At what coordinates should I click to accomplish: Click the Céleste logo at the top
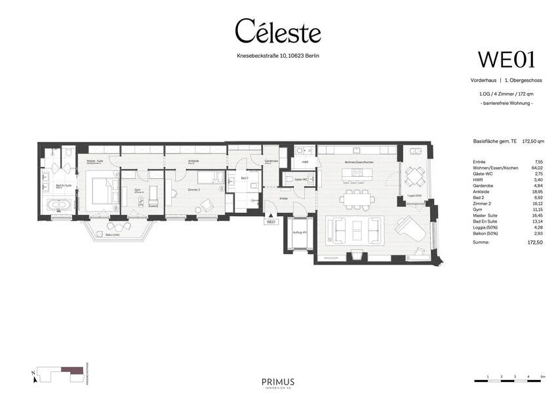click(278, 31)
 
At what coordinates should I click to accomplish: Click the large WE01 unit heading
click(506, 60)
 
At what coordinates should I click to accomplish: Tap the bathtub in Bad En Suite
click(60, 205)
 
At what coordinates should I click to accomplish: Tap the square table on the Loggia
click(414, 176)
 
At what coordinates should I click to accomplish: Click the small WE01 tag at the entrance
click(270, 222)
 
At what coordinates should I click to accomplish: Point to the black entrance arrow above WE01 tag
click(269, 214)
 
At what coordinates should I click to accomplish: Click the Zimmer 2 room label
click(175, 189)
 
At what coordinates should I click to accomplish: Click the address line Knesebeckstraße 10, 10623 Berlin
click(278, 56)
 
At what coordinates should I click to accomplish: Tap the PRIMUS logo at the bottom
click(278, 382)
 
